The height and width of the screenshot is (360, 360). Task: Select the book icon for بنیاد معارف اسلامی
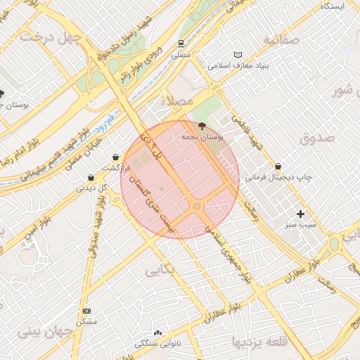[x=238, y=55]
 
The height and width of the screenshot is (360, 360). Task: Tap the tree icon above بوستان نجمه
[x=202, y=127]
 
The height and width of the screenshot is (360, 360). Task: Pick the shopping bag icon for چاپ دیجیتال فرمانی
[x=279, y=167]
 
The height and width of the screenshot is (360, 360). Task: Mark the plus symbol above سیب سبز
[x=301, y=214]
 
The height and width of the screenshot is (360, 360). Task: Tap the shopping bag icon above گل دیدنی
[x=91, y=178]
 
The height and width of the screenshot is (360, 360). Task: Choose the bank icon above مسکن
[x=86, y=311]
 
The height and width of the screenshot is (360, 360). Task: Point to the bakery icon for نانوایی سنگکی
[x=157, y=333]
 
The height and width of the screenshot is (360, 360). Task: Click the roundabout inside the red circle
[x=198, y=206]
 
